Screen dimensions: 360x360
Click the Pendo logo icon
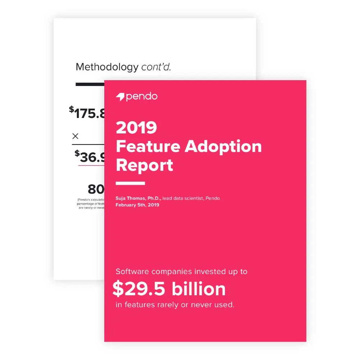[x=120, y=97]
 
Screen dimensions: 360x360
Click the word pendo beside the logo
[x=141, y=97]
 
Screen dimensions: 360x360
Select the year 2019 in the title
[x=136, y=128]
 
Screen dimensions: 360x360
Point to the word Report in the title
[x=145, y=165]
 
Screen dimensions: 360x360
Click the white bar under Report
[x=130, y=183]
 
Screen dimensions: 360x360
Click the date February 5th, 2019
[x=137, y=205]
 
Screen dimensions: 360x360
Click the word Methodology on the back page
[x=107, y=67]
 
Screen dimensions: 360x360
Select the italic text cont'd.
[x=156, y=67]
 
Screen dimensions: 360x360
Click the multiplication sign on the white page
[x=76, y=136]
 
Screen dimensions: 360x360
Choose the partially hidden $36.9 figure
[x=90, y=157]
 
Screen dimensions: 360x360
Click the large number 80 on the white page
[x=96, y=189]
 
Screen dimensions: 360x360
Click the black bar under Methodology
[x=90, y=85]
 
